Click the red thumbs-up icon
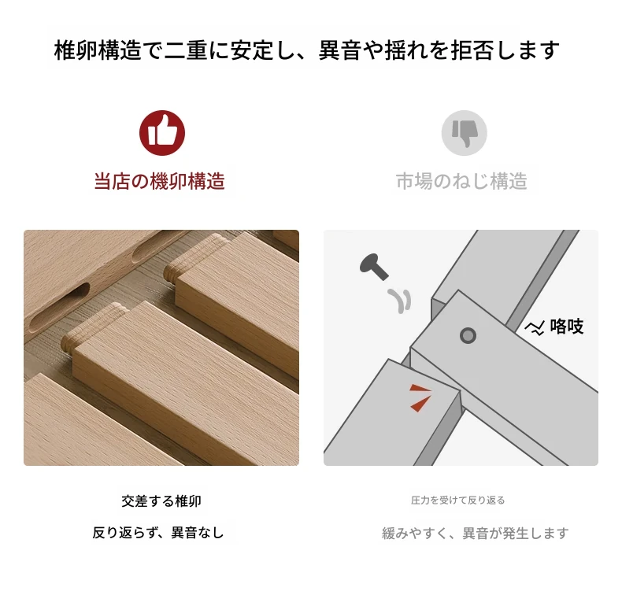162,133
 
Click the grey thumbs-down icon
464,133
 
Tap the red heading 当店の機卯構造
160,181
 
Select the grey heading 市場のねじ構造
461,181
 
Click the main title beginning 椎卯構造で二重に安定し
306,50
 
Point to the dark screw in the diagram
374,267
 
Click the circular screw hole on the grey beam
468,336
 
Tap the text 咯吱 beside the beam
566,327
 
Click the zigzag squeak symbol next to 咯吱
535,328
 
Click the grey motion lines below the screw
399,301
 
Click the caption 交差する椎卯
161,500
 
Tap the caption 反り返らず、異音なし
158,533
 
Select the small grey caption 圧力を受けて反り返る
457,500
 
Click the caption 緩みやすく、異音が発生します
476,534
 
